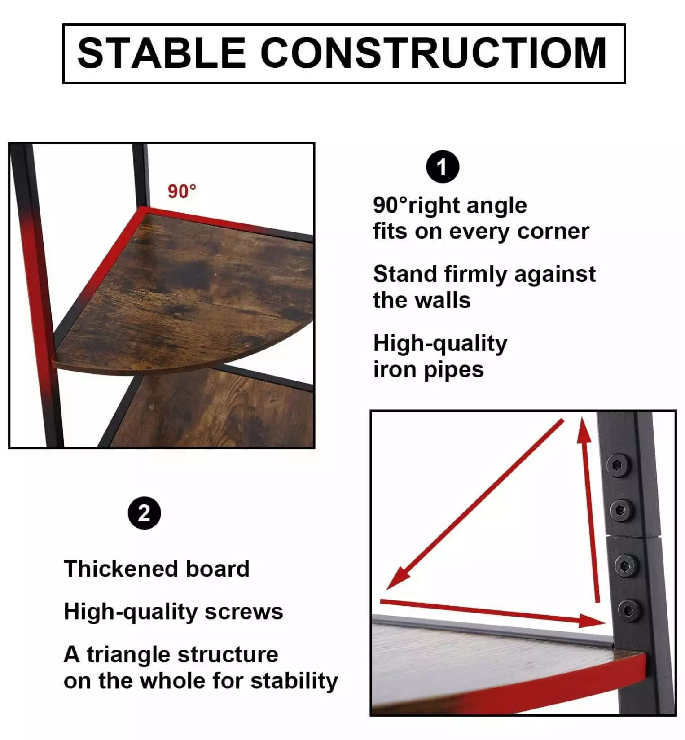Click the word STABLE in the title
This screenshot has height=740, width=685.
(x=162, y=53)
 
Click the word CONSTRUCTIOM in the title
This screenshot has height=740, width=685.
(x=434, y=53)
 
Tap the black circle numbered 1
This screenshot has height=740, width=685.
(x=443, y=166)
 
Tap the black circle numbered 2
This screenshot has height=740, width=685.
(x=144, y=513)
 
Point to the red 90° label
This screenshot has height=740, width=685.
(x=182, y=192)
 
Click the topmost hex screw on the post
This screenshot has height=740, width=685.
(x=619, y=465)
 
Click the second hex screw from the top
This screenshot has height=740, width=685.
(x=621, y=510)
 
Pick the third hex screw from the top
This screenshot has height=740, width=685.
(x=625, y=566)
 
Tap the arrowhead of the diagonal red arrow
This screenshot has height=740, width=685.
(x=397, y=579)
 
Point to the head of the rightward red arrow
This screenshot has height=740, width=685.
(x=593, y=621)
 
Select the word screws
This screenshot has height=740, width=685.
(x=244, y=612)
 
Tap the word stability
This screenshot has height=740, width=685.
(x=294, y=681)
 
